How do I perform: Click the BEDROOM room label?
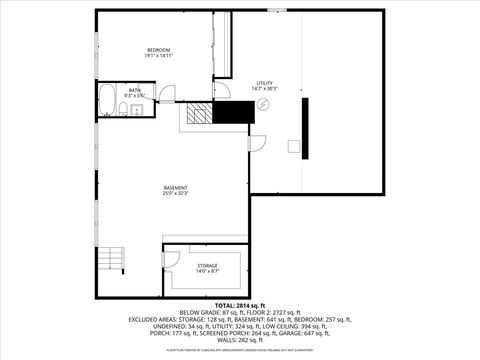(x=159, y=50)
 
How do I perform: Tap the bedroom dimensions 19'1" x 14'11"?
(x=159, y=57)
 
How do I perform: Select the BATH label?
(x=135, y=90)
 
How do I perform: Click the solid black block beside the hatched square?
(x=236, y=113)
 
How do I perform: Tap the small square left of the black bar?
(x=294, y=146)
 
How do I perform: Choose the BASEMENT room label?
(x=176, y=187)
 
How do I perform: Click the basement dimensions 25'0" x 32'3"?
(x=176, y=193)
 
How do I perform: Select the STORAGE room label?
(x=207, y=265)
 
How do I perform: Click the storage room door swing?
(x=173, y=261)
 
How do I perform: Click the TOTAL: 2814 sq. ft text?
(x=239, y=304)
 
